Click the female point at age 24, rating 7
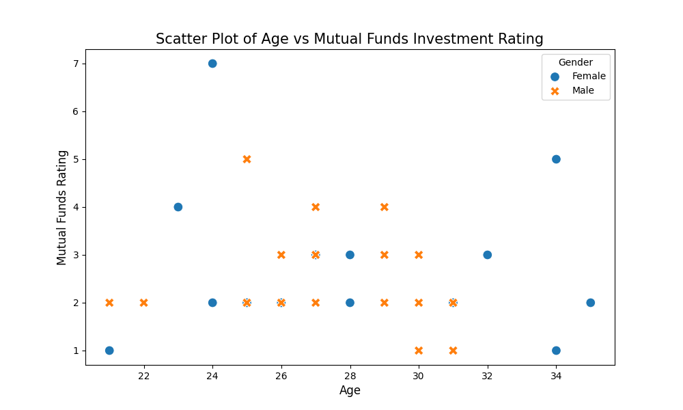point(212,64)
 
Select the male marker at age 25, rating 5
point(247,159)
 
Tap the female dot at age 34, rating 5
point(556,159)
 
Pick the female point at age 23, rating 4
point(178,207)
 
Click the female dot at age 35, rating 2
point(590,303)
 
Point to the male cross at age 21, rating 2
point(109,303)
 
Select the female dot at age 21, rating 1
point(109,351)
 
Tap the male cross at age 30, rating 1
point(419,351)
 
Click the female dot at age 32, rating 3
point(487,255)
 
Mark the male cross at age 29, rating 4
point(385,207)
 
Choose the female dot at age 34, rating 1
point(556,351)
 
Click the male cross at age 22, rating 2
point(143,303)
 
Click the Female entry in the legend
point(588,77)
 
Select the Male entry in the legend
point(583,90)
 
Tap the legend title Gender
point(575,62)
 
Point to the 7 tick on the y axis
point(77,64)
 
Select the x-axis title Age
point(350,390)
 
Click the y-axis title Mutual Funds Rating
point(62,207)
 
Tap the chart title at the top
point(350,39)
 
